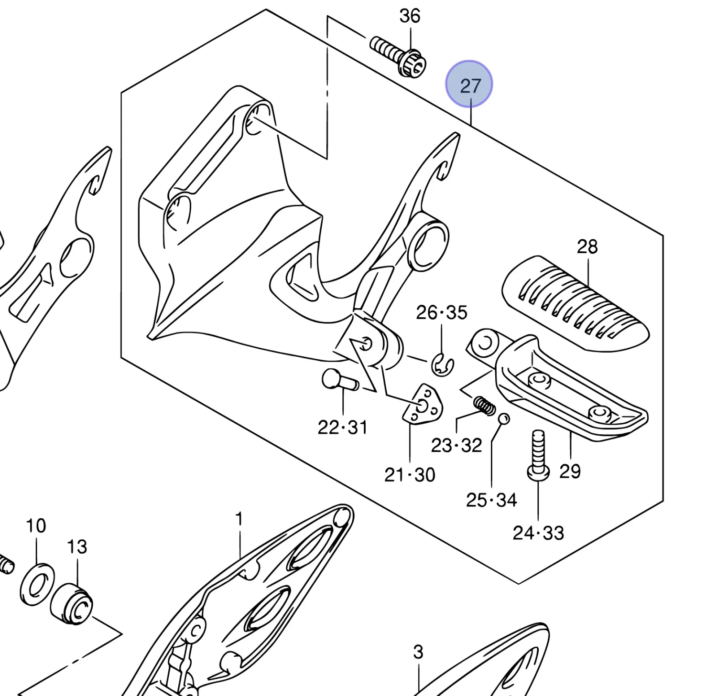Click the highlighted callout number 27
[x=469, y=85]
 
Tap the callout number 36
[x=410, y=16]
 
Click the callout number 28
[x=587, y=247]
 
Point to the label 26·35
[x=442, y=312]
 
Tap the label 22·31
[x=343, y=427]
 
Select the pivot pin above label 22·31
[x=340, y=381]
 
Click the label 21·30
[x=410, y=475]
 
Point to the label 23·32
[x=456, y=445]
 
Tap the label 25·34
[x=491, y=500]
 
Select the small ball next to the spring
[x=504, y=419]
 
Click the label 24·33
[x=538, y=533]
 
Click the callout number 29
[x=570, y=471]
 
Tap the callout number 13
[x=77, y=546]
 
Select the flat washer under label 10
[x=37, y=584]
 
